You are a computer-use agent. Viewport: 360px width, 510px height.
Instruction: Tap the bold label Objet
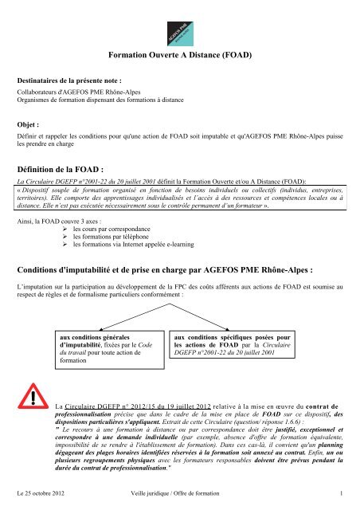point(31,126)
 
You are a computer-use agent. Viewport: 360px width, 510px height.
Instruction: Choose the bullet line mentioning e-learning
point(123,246)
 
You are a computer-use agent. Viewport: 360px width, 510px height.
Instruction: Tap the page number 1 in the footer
point(340,494)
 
